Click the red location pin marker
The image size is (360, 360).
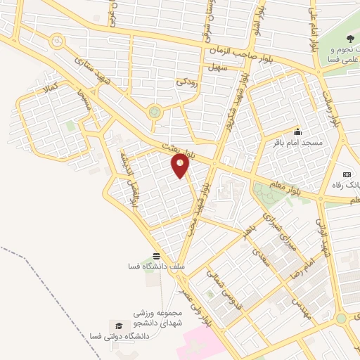181,166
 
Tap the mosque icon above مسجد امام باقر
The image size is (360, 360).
297,131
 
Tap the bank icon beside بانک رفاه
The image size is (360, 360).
347,174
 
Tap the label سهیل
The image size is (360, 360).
214,67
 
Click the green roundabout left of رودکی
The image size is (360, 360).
155,111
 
